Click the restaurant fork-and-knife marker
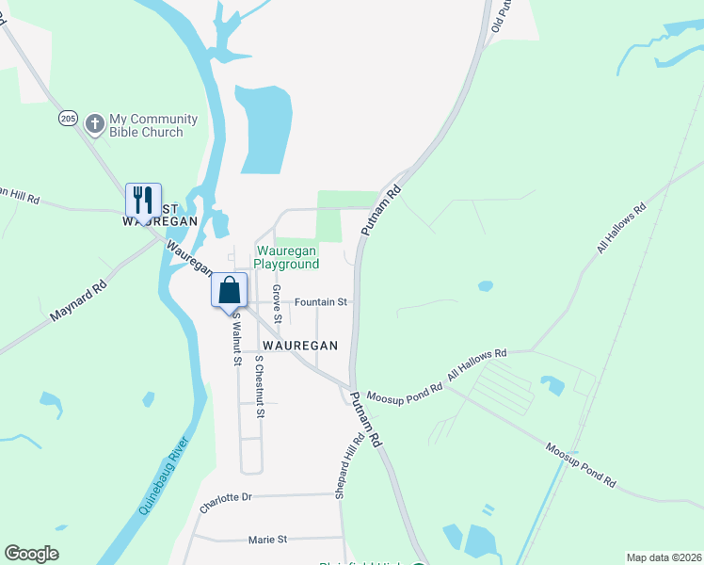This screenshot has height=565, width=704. coord(143,201)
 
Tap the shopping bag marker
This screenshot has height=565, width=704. coord(230,290)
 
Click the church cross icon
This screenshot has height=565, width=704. coord(94,123)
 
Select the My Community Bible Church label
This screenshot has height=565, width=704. coord(153,125)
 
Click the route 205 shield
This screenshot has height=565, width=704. coord(67,118)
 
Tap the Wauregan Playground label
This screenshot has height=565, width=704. coord(287,257)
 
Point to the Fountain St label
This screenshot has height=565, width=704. coord(321,302)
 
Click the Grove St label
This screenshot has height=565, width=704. coord(277,303)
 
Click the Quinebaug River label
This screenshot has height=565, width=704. coord(165,476)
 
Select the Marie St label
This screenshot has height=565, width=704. coord(267,540)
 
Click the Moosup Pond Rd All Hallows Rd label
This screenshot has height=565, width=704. coord(437,376)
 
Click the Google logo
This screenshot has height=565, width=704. coord(32,553)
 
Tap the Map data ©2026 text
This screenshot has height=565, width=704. coord(663,557)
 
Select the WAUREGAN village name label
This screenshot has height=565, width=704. coord(300,346)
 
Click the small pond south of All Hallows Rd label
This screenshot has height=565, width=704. coord(485,285)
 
